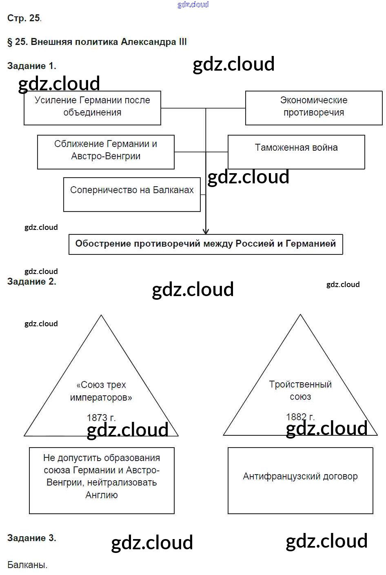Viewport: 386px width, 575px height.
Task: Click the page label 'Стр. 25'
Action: click(24, 18)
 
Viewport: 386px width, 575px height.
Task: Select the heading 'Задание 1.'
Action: click(31, 66)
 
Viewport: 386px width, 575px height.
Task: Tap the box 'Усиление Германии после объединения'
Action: click(92, 107)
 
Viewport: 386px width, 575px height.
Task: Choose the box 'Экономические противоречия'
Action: click(313, 107)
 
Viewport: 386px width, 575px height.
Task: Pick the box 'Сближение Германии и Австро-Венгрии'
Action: click(106, 151)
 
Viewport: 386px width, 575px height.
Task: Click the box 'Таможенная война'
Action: click(296, 152)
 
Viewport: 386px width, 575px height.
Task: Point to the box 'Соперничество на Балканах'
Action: click(132, 194)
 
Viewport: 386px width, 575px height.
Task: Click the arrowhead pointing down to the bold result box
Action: click(206, 231)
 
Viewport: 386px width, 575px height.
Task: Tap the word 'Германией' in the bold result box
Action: click(311, 244)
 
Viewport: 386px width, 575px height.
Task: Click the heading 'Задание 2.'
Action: click(31, 282)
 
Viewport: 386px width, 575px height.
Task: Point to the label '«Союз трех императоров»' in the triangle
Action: click(101, 391)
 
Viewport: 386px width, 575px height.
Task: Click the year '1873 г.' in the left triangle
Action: click(101, 417)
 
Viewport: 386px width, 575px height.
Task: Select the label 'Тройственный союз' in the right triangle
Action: click(300, 390)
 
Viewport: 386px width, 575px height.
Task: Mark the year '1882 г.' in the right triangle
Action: click(300, 417)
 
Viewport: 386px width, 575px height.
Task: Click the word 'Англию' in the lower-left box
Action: click(102, 495)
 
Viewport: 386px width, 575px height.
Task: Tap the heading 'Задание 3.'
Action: click(31, 538)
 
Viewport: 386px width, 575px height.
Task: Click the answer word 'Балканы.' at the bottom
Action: click(27, 565)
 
